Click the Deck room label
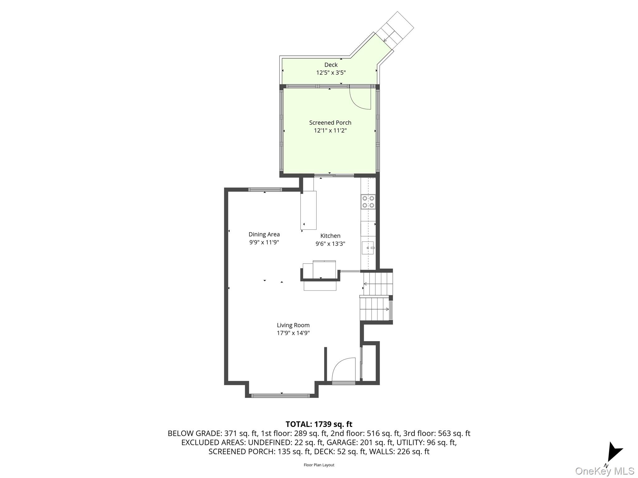[x=331, y=65]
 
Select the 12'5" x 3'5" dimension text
[x=331, y=73]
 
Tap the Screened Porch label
[x=330, y=123]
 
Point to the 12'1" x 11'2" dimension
[x=330, y=130]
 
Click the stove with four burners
[x=368, y=202]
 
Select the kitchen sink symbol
[x=368, y=248]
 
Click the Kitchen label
[x=330, y=236]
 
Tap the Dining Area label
[x=264, y=234]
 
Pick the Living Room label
[x=293, y=325]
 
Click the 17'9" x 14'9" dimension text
[x=293, y=333]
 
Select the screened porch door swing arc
[x=361, y=100]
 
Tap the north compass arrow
[x=614, y=452]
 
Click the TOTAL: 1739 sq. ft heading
[x=319, y=424]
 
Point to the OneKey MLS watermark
[x=604, y=471]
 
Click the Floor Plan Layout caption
[x=319, y=465]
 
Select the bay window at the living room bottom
[x=280, y=396]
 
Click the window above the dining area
[x=265, y=190]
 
